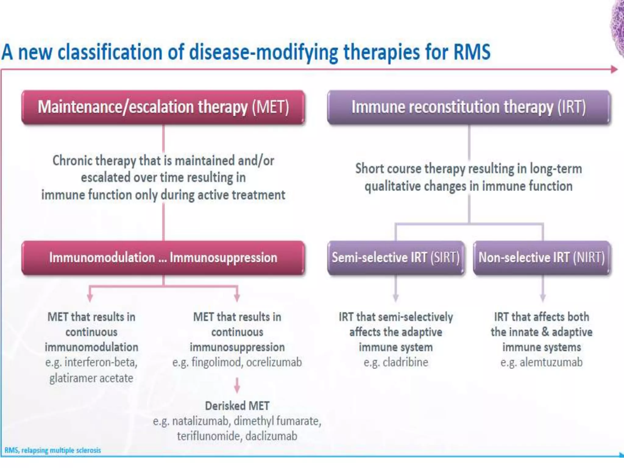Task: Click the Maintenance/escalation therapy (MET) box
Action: [163, 107]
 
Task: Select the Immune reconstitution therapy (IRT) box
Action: [469, 107]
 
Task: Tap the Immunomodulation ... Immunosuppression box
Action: [163, 258]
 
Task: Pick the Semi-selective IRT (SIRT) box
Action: [395, 258]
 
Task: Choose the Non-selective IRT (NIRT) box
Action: [542, 258]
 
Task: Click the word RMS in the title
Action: [472, 52]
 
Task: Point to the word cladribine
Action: [405, 362]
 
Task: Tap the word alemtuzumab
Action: [551, 362]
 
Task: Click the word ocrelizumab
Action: [274, 362]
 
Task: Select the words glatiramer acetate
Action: [91, 378]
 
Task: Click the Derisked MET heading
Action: [237, 406]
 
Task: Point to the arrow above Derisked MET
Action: [237, 386]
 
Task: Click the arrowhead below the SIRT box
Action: [395, 298]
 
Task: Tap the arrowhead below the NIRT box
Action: [543, 298]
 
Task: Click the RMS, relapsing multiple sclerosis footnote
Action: [52, 450]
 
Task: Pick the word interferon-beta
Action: [101, 362]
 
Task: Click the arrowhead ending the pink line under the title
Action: [614, 69]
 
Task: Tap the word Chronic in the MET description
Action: [72, 161]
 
